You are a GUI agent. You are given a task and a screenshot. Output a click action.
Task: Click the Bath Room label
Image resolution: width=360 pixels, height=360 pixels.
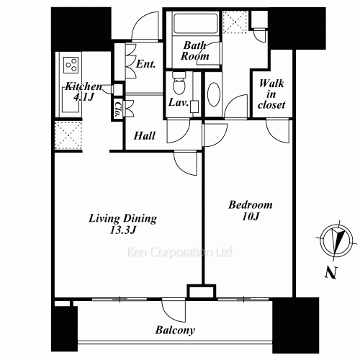[x=195, y=50]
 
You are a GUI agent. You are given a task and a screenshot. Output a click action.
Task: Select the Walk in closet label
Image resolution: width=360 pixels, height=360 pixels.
[x=271, y=94]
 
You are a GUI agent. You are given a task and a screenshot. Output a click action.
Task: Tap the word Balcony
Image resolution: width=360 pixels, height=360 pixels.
[x=176, y=330]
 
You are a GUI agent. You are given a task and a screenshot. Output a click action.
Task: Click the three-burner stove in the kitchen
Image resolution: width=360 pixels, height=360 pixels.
[x=72, y=66]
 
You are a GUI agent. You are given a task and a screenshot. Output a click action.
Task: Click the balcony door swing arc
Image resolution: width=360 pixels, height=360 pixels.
[x=175, y=311]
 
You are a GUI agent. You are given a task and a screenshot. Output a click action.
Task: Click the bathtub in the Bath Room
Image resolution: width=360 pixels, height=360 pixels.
[x=195, y=24]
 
